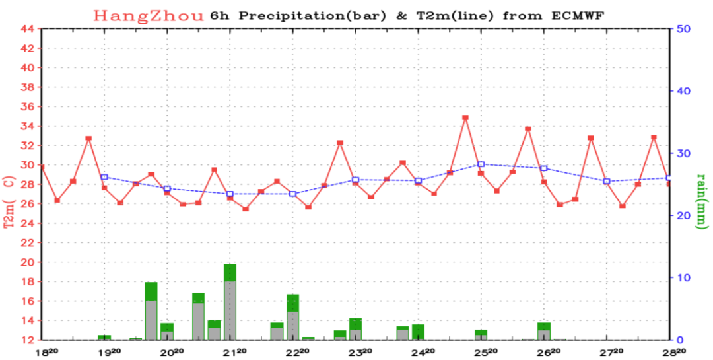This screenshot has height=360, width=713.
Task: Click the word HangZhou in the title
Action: (149, 16)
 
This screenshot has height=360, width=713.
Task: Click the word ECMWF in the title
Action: (585, 16)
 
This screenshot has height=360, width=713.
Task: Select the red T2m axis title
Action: (9, 196)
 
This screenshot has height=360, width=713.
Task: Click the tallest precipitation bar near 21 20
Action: (230, 302)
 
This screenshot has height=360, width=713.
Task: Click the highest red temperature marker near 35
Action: (465, 118)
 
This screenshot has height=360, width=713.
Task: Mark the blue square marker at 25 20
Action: (481, 164)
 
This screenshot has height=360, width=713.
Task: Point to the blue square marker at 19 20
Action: (104, 177)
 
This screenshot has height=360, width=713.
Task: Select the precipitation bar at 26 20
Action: (544, 332)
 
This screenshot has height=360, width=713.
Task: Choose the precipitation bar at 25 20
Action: (481, 334)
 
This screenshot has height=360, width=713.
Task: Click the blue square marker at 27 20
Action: (607, 181)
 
